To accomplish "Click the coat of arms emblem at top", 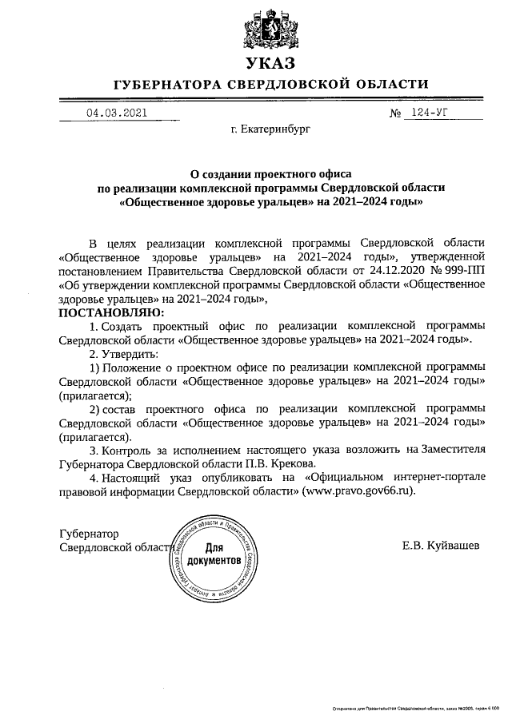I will pyautogui.click(x=270, y=26).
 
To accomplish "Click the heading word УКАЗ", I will pyautogui.click(x=270, y=62).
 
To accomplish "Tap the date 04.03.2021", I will pyautogui.click(x=116, y=113).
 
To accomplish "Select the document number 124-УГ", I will pyautogui.click(x=429, y=113).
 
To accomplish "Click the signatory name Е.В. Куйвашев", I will pyautogui.click(x=442, y=546).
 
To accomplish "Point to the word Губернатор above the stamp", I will pyautogui.click(x=89, y=533).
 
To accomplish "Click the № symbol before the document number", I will pyautogui.click(x=394, y=113).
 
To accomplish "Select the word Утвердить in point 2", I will pyautogui.click(x=131, y=353).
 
